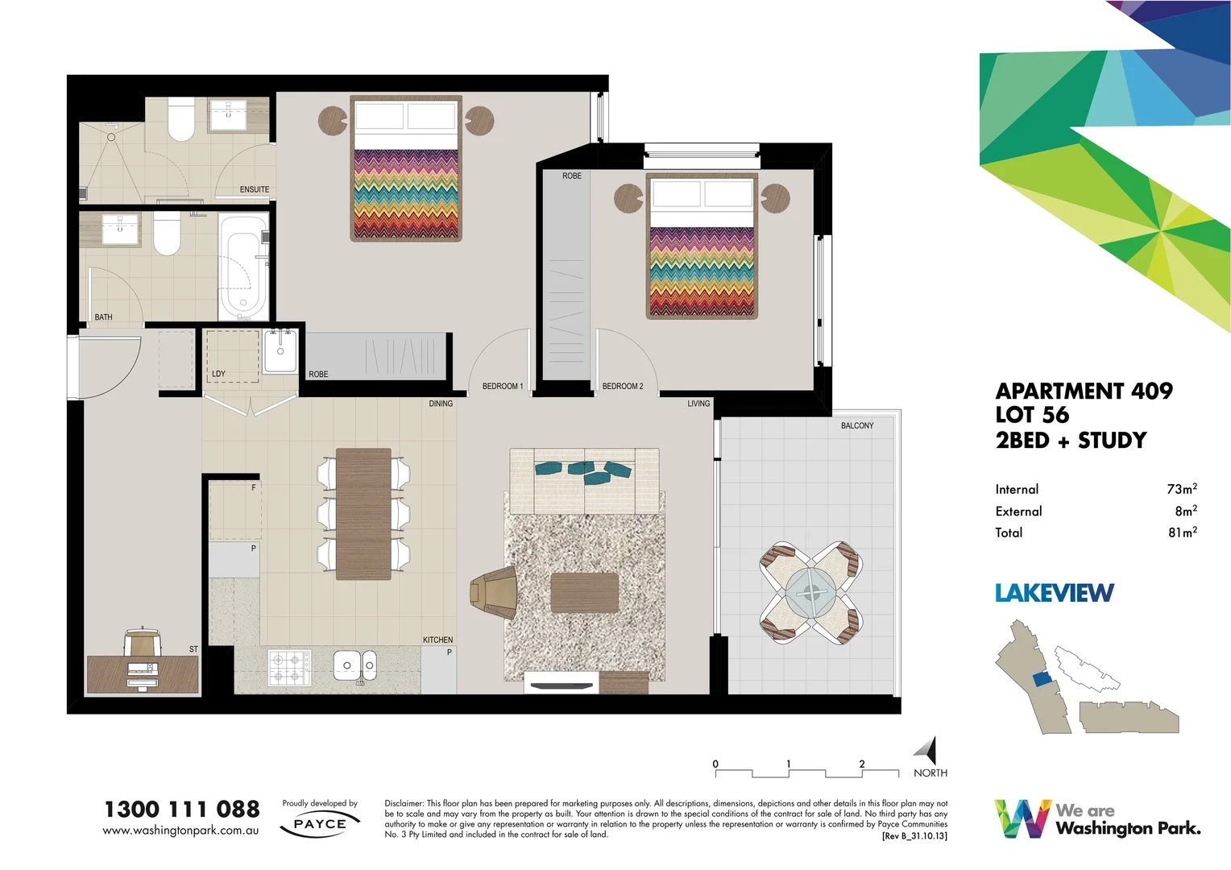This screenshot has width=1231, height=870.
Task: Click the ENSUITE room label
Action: click(254, 189)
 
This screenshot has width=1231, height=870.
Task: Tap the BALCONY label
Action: click(856, 425)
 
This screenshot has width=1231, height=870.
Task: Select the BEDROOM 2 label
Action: click(622, 387)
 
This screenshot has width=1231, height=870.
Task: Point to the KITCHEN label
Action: click(437, 640)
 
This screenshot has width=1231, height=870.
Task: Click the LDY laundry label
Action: click(218, 374)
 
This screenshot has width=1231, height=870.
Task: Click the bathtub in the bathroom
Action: click(242, 267)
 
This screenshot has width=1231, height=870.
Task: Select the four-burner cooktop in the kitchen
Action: click(289, 667)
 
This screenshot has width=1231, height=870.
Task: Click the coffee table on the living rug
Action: click(584, 593)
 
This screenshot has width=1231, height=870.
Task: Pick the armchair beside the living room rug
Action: click(493, 592)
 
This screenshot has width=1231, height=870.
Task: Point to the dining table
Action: click(363, 514)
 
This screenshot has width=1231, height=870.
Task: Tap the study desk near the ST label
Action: click(142, 674)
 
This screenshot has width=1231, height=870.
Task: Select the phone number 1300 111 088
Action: click(182, 809)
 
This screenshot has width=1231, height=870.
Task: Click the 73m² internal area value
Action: click(1181, 489)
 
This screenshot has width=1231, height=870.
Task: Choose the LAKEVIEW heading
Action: click(1054, 593)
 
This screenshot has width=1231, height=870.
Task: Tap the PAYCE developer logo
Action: click(320, 824)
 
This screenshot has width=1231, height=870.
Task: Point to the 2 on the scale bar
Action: click(861, 764)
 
